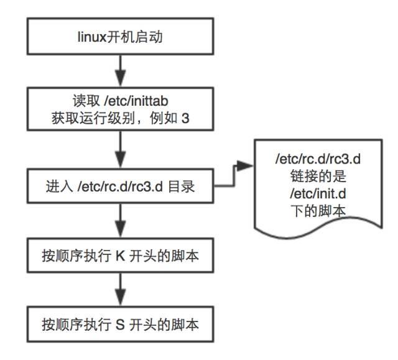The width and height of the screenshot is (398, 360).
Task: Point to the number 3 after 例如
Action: (185, 118)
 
